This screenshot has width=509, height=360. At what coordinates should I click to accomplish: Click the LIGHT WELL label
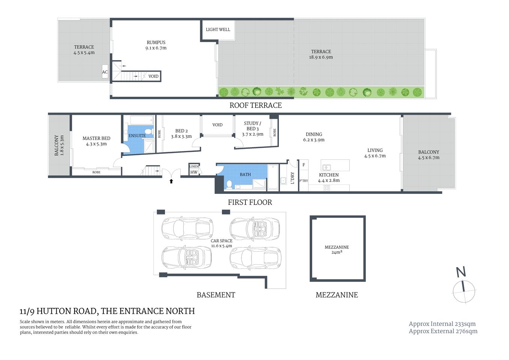tap(218, 30)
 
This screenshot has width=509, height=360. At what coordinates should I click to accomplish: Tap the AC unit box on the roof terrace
tap(105, 72)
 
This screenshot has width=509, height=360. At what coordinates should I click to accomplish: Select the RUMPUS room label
tap(156, 42)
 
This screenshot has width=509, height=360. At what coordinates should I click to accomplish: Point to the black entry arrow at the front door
tap(171, 181)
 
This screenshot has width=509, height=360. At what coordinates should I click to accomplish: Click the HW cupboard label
tap(194, 172)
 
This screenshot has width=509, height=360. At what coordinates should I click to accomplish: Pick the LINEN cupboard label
tap(194, 166)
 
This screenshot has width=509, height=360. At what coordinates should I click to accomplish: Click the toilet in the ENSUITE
tap(148, 131)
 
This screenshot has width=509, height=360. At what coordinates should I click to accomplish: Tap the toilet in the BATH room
tap(229, 184)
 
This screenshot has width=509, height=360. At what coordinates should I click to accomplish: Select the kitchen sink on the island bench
tap(326, 167)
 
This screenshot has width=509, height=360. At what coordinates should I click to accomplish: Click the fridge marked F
tap(304, 165)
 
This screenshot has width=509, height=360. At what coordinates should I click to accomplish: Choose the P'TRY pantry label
tap(304, 181)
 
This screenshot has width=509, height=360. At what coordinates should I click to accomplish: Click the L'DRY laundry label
tap(293, 178)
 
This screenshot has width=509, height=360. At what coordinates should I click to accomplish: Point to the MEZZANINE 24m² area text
tap(337, 250)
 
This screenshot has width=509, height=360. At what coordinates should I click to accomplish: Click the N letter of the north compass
tap(461, 272)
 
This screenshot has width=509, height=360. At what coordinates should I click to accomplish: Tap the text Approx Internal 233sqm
tap(442, 324)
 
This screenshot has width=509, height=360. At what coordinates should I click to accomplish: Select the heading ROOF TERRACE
tap(256, 106)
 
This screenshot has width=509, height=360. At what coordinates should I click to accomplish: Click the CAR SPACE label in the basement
tap(221, 241)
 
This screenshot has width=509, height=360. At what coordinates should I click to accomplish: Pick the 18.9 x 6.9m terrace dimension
tap(321, 57)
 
